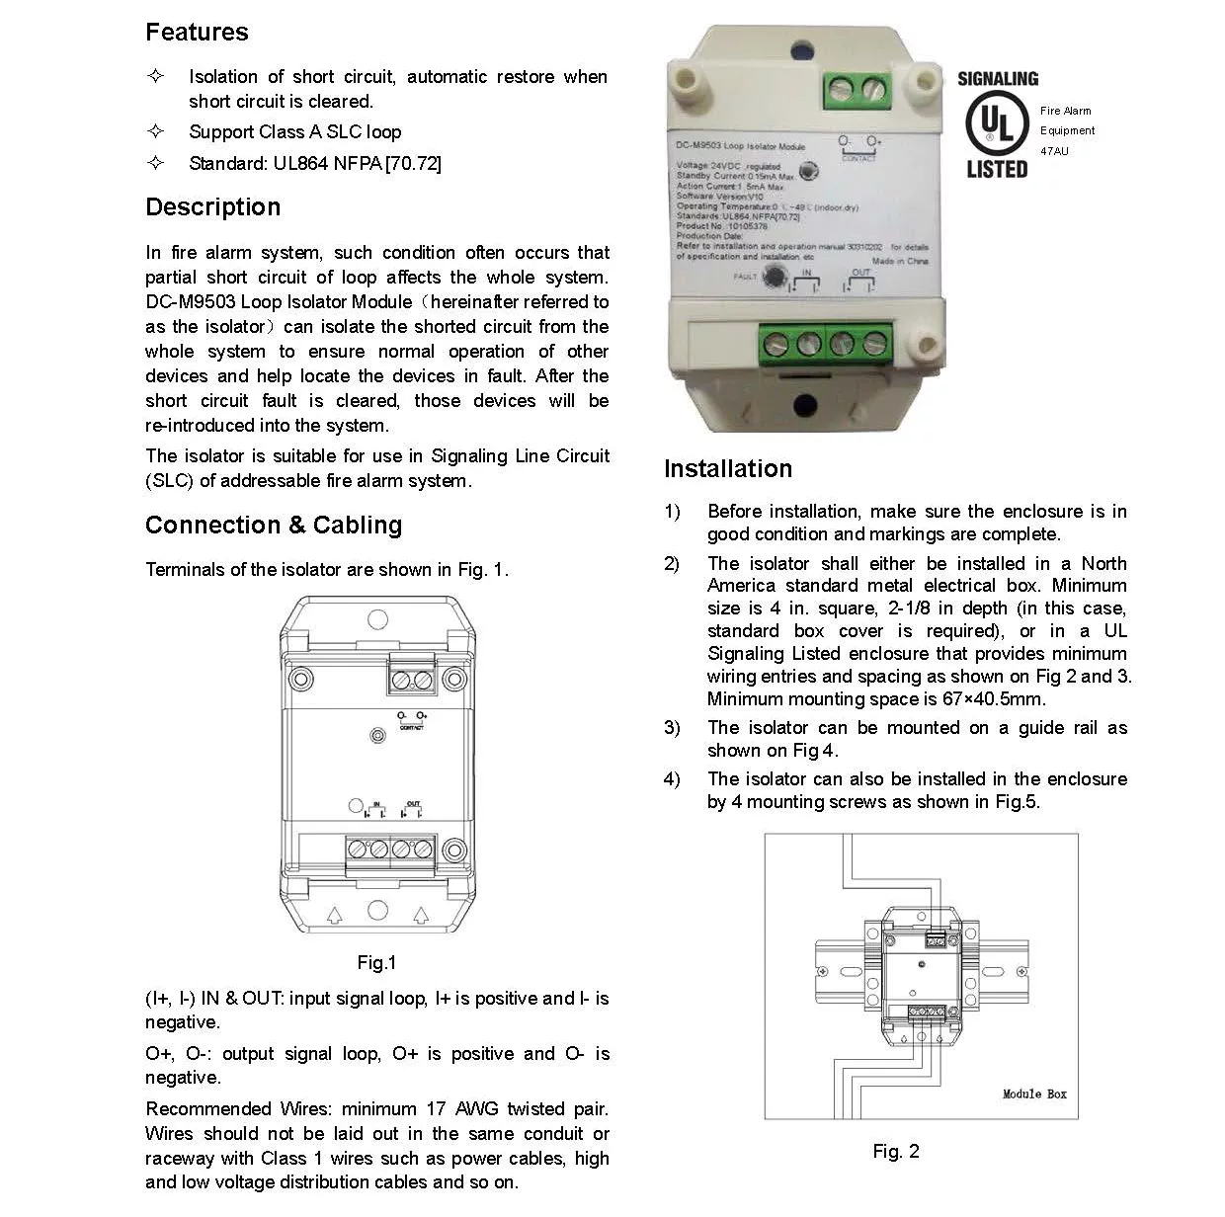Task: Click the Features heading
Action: click(197, 33)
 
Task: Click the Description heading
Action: click(212, 207)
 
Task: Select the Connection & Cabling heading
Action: click(274, 526)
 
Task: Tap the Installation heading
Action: click(728, 469)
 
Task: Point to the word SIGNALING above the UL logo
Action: click(998, 79)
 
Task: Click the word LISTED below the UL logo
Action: click(997, 169)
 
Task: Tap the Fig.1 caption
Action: click(376, 963)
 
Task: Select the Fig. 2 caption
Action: click(896, 1152)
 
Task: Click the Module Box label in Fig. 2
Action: click(1034, 1095)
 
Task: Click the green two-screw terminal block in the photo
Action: click(853, 92)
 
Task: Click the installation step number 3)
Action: click(672, 728)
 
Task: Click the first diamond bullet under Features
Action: click(155, 76)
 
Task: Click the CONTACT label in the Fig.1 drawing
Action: click(411, 728)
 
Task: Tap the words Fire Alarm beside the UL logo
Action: click(1065, 111)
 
